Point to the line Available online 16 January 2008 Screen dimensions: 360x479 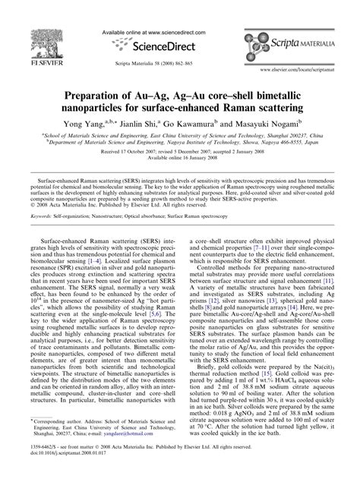(179, 157)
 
